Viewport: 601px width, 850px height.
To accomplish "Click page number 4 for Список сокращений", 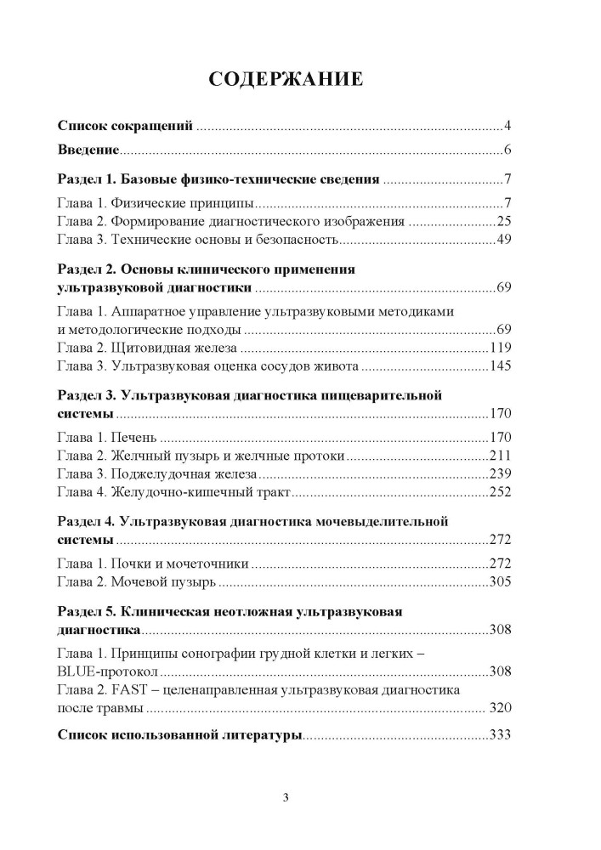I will click(x=506, y=127).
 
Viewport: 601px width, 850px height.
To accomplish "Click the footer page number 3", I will click(x=286, y=797).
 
